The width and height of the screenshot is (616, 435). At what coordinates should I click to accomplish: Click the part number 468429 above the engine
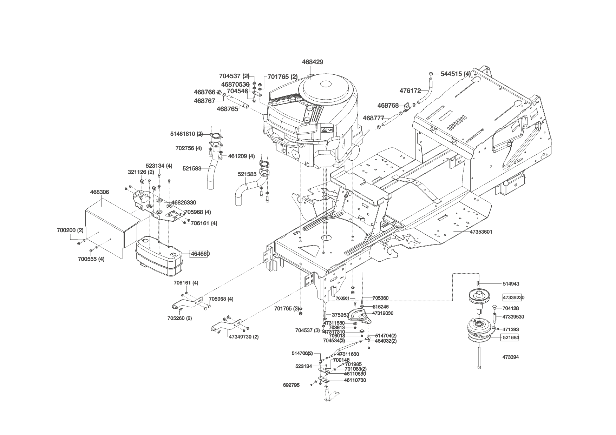click(312, 62)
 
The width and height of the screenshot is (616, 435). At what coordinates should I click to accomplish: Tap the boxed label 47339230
click(513, 298)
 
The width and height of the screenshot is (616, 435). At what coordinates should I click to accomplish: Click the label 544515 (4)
click(456, 74)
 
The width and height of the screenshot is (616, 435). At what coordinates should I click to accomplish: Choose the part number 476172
click(410, 91)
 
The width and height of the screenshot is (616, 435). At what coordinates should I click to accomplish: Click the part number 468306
click(99, 192)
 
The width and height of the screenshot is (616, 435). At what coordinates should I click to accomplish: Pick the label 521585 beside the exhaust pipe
click(247, 174)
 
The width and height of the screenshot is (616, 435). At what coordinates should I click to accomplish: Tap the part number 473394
click(510, 357)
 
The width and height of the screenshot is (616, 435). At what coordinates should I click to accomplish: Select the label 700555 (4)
click(91, 259)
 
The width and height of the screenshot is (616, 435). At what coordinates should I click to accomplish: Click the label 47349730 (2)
click(243, 337)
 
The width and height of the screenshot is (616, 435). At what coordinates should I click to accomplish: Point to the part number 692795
click(291, 385)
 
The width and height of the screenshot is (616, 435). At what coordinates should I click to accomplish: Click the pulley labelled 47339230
click(481, 297)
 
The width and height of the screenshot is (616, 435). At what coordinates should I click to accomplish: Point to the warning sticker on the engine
click(326, 130)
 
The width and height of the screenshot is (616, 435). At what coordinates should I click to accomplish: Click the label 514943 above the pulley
click(511, 284)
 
